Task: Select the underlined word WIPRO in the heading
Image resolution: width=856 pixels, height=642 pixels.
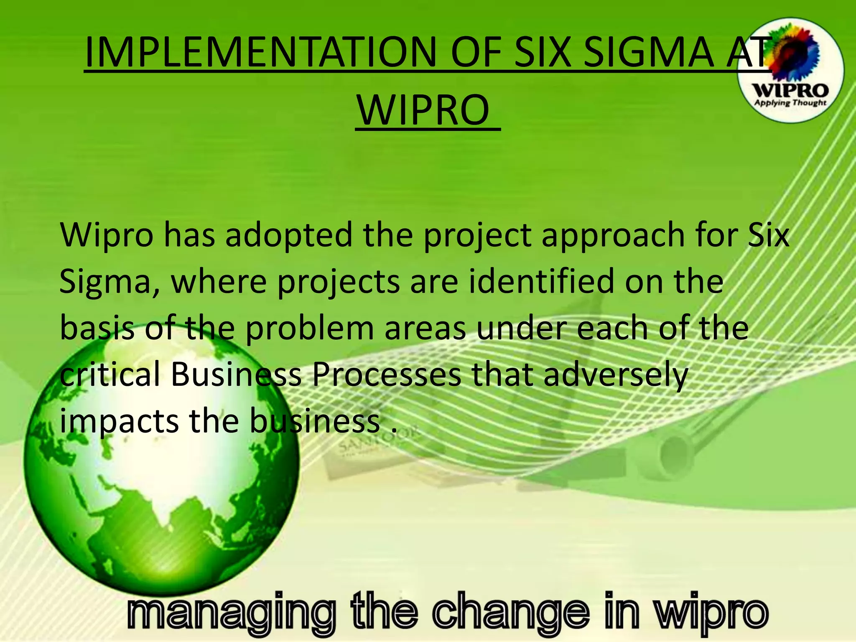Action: tap(424, 110)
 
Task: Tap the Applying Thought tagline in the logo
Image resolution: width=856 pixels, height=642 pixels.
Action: tap(790, 102)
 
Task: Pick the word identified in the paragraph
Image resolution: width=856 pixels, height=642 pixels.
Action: tap(541, 281)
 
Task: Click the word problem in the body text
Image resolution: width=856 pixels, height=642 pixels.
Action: tap(309, 329)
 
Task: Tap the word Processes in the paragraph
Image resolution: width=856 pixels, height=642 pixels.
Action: tap(387, 374)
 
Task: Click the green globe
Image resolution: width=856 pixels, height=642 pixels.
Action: tap(161, 472)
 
